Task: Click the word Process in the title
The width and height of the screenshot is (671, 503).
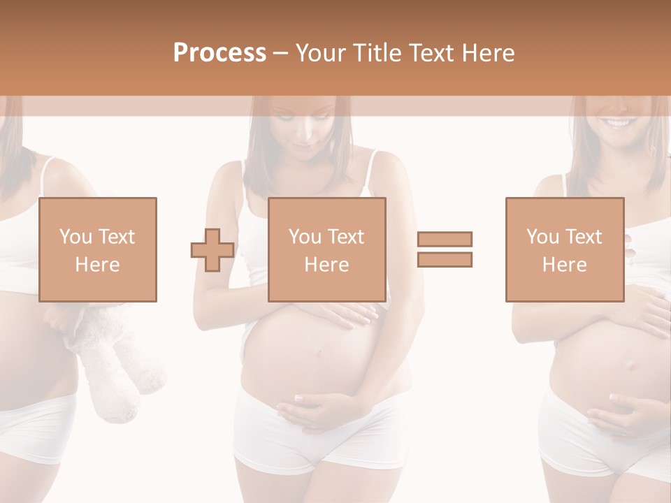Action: (219, 52)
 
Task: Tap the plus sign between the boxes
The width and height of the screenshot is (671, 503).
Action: (212, 249)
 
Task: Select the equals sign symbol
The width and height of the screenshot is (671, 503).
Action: (445, 249)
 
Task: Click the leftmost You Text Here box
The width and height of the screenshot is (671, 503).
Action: (97, 249)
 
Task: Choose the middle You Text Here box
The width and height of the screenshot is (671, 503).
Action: (326, 249)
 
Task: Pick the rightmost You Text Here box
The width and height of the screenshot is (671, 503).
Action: (564, 249)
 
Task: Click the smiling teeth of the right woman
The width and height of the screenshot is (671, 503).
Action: (619, 123)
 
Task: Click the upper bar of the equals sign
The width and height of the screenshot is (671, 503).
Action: (445, 239)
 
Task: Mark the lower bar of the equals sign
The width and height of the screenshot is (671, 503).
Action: (445, 259)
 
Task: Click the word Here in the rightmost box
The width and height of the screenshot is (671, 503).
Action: (564, 264)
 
